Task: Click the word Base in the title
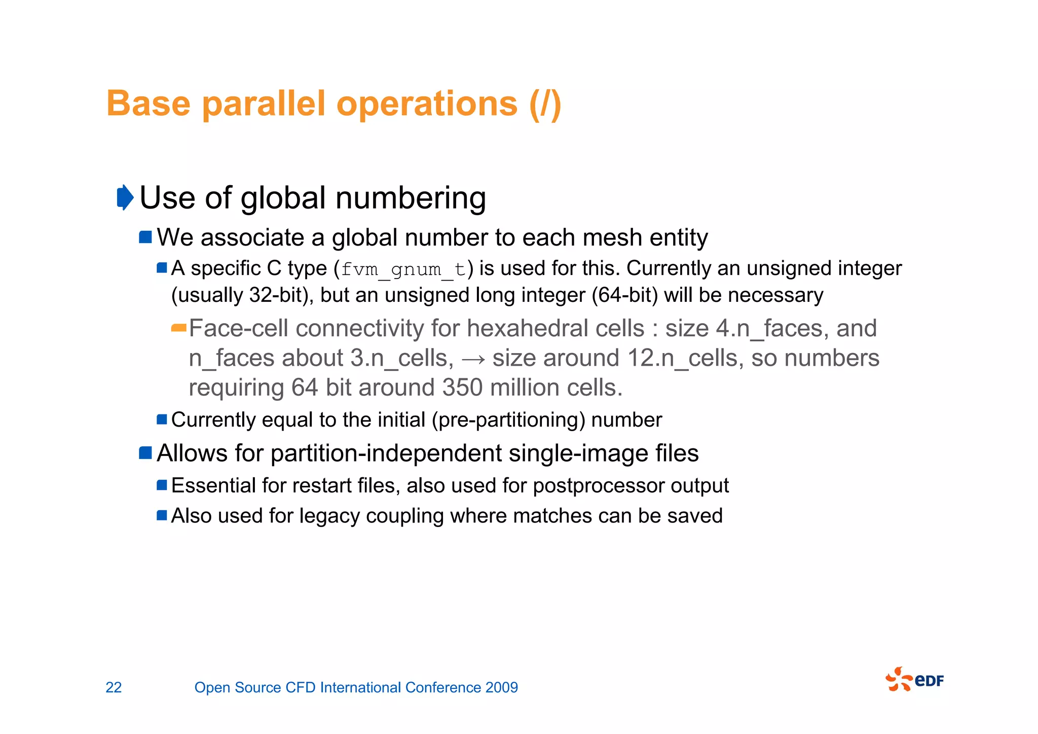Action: pos(149,104)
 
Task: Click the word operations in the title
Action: pos(427,104)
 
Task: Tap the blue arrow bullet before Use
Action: pos(125,197)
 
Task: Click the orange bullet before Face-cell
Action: pos(179,328)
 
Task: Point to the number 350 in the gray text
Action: pos(462,388)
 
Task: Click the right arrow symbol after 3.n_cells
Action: pos(473,359)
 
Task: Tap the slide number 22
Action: pos(114,687)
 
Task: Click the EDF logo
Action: pos(914,680)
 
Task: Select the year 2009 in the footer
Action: pos(501,687)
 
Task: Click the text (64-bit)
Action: pos(624,295)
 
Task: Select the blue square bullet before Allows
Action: pos(145,452)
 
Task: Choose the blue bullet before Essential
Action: pos(162,485)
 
